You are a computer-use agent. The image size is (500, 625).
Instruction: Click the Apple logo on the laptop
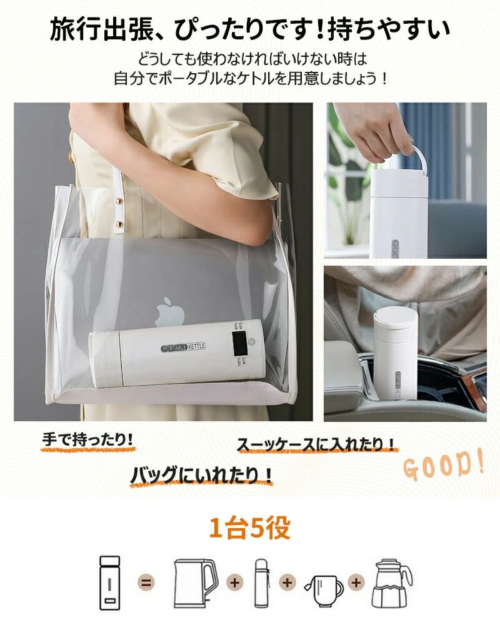click(x=170, y=311)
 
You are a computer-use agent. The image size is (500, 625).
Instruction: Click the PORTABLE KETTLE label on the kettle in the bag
click(x=184, y=347)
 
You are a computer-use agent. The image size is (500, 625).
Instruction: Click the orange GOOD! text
click(x=444, y=464)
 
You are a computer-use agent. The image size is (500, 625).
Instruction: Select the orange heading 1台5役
click(x=250, y=529)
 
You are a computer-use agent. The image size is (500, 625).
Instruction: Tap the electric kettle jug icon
click(x=196, y=584)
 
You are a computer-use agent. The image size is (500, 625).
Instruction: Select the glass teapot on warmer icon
click(x=392, y=584)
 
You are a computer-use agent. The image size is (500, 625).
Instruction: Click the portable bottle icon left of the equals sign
click(x=109, y=583)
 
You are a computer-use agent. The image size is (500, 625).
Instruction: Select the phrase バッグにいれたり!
click(x=201, y=475)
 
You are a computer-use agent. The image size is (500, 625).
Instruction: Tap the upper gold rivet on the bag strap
click(x=118, y=201)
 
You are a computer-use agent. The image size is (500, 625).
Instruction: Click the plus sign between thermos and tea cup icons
click(x=287, y=583)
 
